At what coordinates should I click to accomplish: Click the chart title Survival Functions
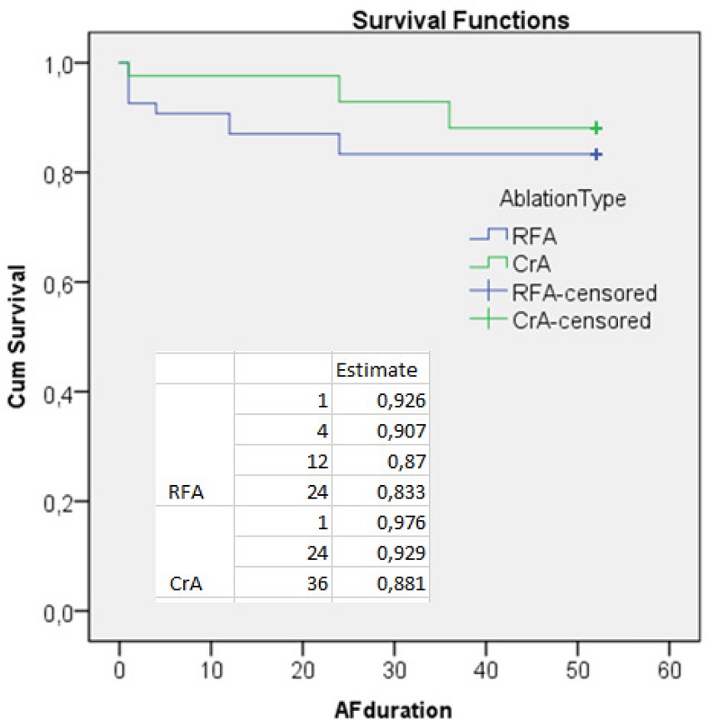tap(461, 20)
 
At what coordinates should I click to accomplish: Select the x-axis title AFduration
tap(394, 709)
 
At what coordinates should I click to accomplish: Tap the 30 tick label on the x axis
tap(395, 669)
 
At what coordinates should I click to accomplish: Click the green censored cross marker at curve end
tap(596, 128)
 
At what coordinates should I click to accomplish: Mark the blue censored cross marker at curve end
tap(596, 154)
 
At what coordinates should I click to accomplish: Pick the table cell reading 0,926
tap(403, 401)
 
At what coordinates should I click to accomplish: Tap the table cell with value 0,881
tap(403, 584)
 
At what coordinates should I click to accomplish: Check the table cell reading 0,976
tap(403, 523)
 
